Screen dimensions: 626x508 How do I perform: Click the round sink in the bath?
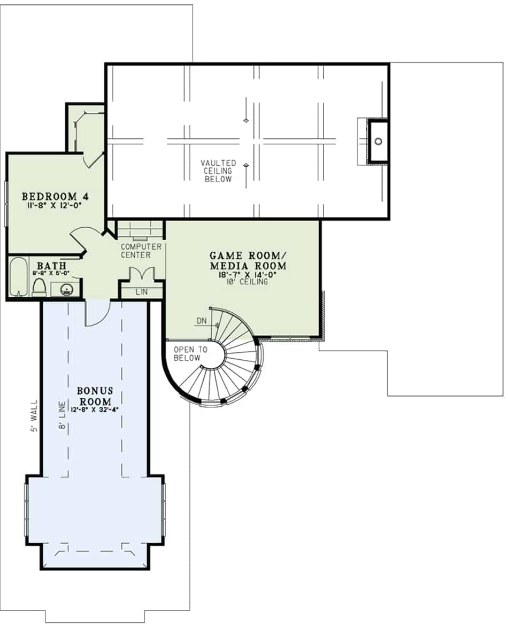pyautogui.click(x=67, y=290)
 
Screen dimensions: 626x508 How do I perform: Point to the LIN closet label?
pyautogui.click(x=142, y=292)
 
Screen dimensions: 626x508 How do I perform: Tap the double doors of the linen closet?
pyautogui.click(x=142, y=274)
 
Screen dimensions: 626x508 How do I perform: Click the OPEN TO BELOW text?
pyautogui.click(x=190, y=353)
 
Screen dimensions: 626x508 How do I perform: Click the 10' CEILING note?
pyautogui.click(x=247, y=282)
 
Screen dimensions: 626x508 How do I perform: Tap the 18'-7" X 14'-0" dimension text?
pyautogui.click(x=247, y=275)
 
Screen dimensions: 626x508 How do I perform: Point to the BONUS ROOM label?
pyautogui.click(x=95, y=396)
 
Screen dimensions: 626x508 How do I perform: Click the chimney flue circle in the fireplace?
pyautogui.click(x=378, y=141)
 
